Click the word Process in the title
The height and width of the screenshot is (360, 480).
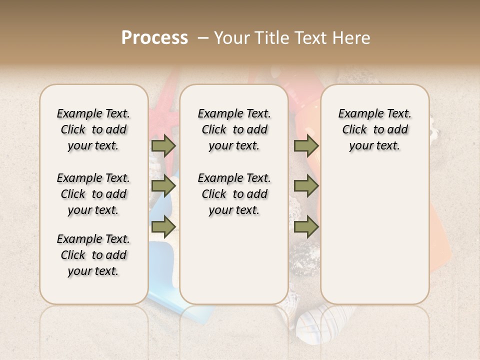pos(154,37)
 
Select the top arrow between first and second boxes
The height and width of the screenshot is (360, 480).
pos(163,145)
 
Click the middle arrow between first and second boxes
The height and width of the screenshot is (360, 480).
pos(163,186)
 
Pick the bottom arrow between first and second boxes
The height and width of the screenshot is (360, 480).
pos(163,227)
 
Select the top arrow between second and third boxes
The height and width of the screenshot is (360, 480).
pos(306,145)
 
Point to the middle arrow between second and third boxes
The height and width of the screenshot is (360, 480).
pos(306,186)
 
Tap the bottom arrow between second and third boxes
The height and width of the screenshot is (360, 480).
pos(306,227)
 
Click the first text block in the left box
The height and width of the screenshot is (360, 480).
pos(93,129)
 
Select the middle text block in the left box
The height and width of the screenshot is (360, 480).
pos(93,194)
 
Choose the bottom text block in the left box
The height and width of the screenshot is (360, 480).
pos(93,255)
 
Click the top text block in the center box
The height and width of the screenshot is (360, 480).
pos(234,129)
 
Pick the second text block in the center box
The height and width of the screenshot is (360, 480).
pos(234,194)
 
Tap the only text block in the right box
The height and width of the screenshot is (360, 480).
pos(374,129)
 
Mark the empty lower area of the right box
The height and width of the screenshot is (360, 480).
pos(374,240)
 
